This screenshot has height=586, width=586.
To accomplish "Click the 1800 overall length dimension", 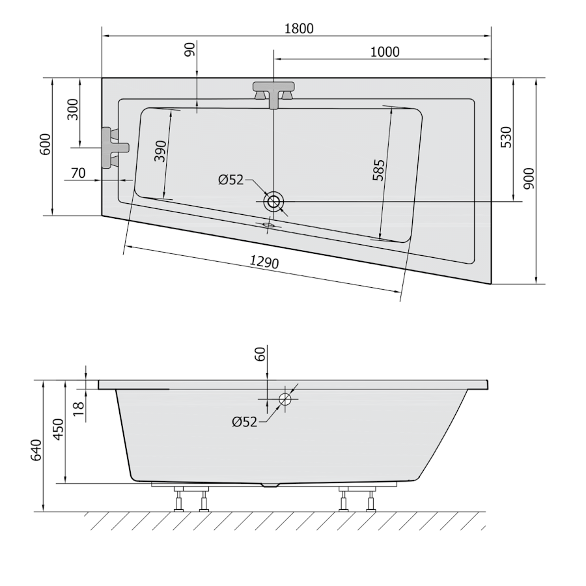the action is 299,29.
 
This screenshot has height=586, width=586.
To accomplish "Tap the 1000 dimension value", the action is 385,51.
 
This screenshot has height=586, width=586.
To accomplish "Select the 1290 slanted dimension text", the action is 264,262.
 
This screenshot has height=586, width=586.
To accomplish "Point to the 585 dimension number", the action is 378,170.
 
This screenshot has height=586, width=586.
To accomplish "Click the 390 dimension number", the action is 160,151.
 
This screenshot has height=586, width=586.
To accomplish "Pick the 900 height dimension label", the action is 529,178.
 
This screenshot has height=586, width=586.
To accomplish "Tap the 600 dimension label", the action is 44,144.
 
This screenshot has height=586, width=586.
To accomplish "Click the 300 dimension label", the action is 73,109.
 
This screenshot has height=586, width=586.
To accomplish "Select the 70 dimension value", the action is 78,173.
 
